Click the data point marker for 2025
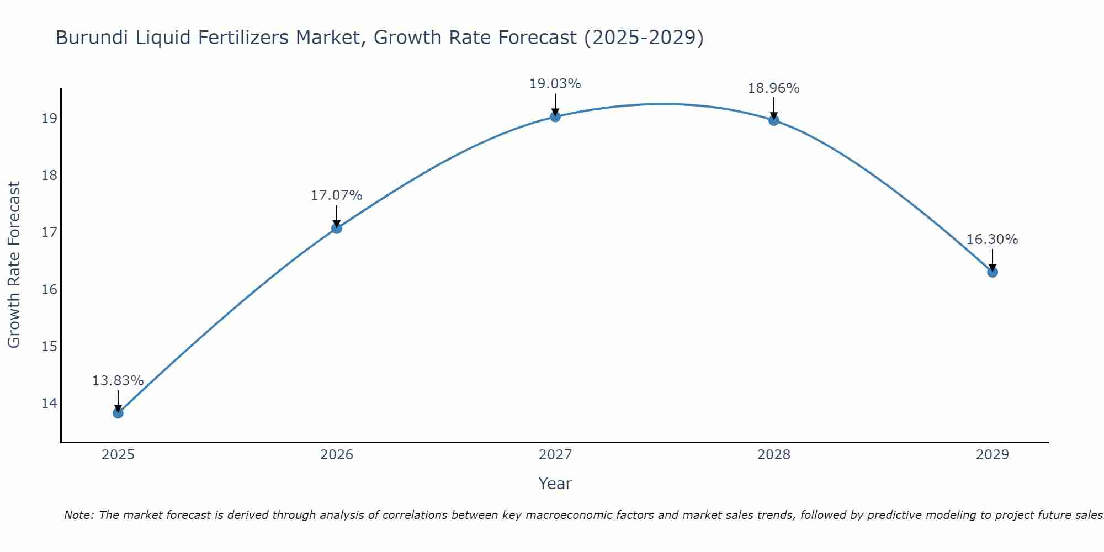[118, 413]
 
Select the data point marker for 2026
[337, 229]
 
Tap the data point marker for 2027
[555, 116]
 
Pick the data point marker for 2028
[774, 120]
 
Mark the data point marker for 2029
[992, 272]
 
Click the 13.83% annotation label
[118, 381]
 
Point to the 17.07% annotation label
[336, 195]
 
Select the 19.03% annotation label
[555, 84]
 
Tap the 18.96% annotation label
[773, 88]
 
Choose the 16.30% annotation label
[992, 240]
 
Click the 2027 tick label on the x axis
[555, 455]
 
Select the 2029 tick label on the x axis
[992, 455]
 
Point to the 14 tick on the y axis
[49, 404]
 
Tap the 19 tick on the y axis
[49, 119]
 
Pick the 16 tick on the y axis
[49, 290]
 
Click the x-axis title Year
[555, 484]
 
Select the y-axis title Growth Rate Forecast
[14, 265]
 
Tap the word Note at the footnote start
[78, 515]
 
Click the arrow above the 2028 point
[774, 108]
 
